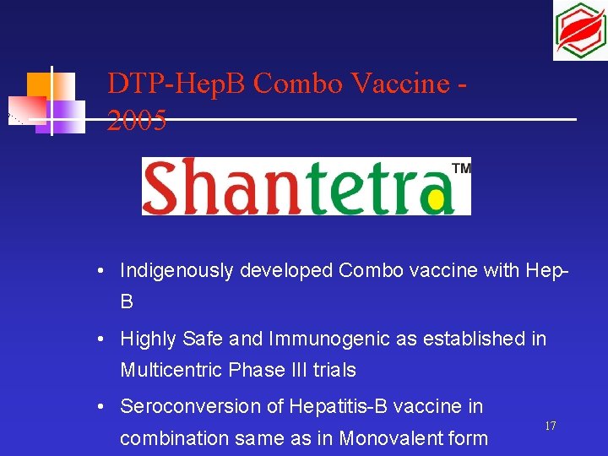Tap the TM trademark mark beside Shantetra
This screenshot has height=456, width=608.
pyautogui.click(x=462, y=168)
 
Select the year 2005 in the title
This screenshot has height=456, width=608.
pyautogui.click(x=137, y=122)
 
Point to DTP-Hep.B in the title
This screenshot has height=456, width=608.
pyautogui.click(x=176, y=84)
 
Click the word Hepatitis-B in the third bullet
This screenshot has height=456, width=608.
pyautogui.click(x=336, y=406)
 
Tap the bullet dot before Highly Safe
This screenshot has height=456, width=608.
pyautogui.click(x=100, y=339)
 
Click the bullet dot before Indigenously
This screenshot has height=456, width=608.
pyautogui.click(x=100, y=271)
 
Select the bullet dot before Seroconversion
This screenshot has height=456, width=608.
pyautogui.click(x=100, y=407)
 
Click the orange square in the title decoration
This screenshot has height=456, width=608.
pyautogui.click(x=38, y=84)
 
